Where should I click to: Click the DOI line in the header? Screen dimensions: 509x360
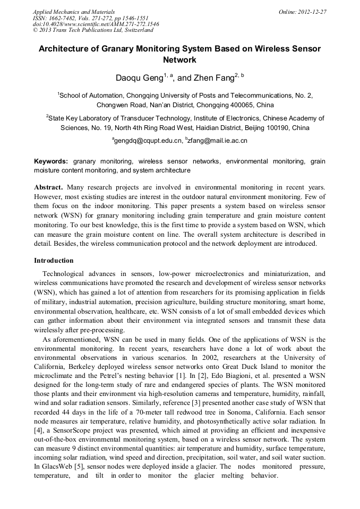click(96, 24)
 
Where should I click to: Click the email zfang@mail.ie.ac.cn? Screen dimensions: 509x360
click(217, 141)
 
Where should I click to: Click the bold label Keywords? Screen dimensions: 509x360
click(51, 161)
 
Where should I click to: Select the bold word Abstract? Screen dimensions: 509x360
click(48, 187)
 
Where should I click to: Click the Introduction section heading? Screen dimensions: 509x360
click(54, 261)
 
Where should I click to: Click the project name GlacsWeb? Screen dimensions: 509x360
click(57, 466)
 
